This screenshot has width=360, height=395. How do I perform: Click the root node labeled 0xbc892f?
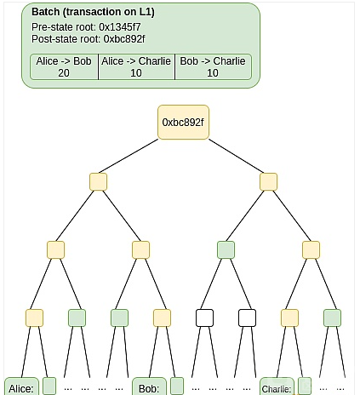(183, 123)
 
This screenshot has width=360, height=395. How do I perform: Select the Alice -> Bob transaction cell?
(64, 67)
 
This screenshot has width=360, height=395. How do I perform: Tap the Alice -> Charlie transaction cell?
(136, 67)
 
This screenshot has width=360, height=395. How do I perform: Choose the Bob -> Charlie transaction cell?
(213, 67)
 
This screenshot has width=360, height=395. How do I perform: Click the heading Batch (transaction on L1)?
(93, 12)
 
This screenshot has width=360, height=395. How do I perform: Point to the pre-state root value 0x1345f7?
(120, 27)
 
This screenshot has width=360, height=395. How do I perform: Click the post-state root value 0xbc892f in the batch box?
(124, 39)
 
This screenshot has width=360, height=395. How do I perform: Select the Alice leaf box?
(21, 386)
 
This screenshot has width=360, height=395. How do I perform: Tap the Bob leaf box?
(149, 386)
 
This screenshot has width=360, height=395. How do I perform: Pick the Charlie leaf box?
(277, 386)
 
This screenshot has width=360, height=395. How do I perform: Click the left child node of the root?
(98, 181)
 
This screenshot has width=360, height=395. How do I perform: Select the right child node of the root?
(268, 181)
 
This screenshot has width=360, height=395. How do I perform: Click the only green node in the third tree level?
(226, 249)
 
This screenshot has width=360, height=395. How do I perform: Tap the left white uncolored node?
(204, 318)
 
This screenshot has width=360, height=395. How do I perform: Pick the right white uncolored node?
(247, 318)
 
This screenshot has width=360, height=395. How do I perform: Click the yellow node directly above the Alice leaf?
(34, 318)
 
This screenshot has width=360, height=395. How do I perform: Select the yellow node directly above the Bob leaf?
(162, 318)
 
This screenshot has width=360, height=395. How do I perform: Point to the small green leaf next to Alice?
(49, 386)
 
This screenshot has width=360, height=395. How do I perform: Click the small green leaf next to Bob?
(177, 386)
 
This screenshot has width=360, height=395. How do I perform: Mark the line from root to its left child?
(129, 156)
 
